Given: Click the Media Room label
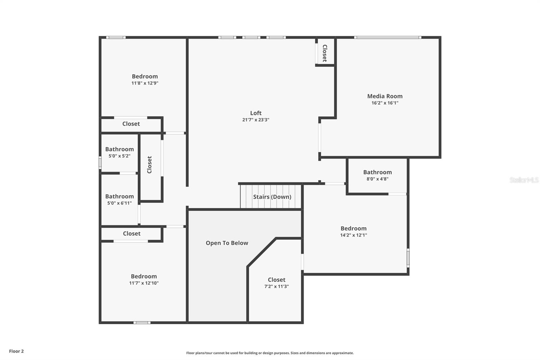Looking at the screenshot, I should point(385,96).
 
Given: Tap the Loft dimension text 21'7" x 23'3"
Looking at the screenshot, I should point(255,120).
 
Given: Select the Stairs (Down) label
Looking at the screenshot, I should point(272,197).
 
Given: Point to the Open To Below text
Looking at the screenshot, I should point(227,243).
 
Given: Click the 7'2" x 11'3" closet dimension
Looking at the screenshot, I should point(276,286).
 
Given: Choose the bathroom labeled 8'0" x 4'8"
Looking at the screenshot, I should point(377,175).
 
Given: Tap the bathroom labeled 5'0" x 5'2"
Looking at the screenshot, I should point(119,152).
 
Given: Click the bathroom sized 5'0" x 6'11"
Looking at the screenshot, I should point(119,200).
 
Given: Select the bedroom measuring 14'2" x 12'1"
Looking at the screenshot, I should point(353,232).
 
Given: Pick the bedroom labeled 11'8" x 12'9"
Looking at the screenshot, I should point(145,80).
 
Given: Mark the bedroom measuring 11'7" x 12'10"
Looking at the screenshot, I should point(144,280).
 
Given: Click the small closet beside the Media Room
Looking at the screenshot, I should point(325,53).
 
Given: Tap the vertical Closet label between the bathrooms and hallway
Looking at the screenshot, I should point(150,165).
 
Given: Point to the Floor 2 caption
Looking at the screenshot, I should point(16,351).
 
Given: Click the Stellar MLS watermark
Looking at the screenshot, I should point(524,180).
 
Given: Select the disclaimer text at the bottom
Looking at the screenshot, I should point(270,353).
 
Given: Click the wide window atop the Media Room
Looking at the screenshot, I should point(387,37).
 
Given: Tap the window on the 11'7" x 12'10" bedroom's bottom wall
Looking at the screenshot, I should point(142,323).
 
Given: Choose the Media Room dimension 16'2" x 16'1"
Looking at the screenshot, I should point(385,103).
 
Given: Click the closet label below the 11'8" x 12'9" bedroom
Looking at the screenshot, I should point(131,124).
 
